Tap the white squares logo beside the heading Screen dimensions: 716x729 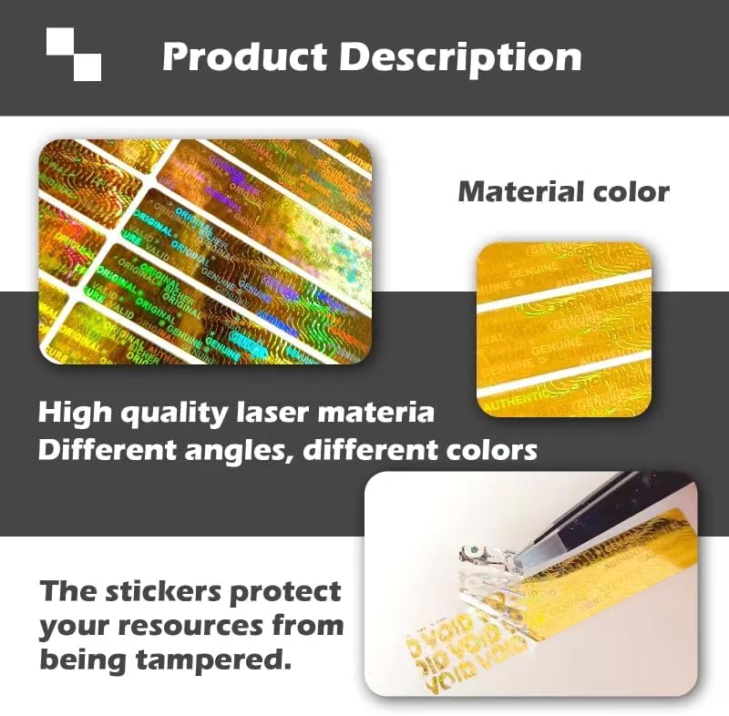(x=74, y=54)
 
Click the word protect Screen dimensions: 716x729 (x=293, y=591)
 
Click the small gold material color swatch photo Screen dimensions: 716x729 (x=564, y=327)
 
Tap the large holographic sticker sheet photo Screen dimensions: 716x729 (x=204, y=251)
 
